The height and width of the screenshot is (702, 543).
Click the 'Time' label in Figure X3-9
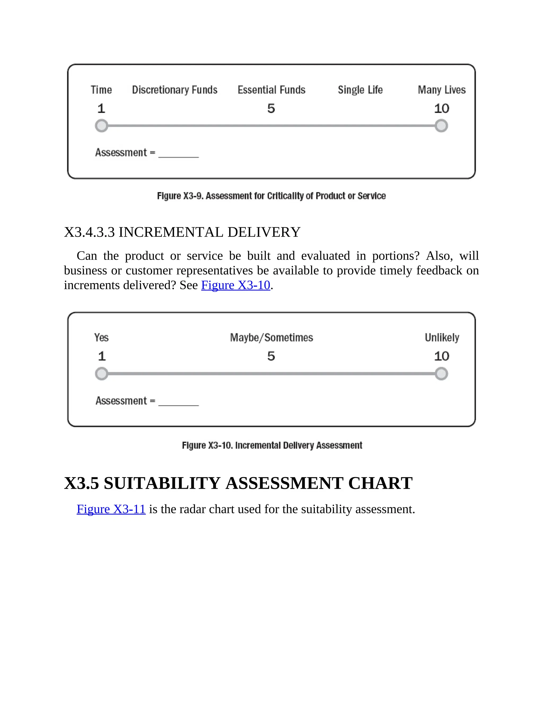click(101, 90)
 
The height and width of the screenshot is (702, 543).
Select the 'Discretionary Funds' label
click(175, 90)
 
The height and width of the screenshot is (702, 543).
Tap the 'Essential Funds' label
click(271, 90)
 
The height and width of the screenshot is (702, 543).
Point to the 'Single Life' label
click(360, 90)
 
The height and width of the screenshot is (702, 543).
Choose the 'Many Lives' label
click(442, 90)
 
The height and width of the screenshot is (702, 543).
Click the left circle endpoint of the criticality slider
click(102, 126)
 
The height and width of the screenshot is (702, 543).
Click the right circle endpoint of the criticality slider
click(441, 126)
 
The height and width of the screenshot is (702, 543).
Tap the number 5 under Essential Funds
click(271, 108)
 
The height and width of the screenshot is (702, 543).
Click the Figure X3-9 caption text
click(271, 196)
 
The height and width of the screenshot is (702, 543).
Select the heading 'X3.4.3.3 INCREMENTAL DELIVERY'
click(182, 232)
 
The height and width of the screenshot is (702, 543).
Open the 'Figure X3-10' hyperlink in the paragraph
click(235, 285)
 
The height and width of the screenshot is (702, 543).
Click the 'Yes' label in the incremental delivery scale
click(101, 337)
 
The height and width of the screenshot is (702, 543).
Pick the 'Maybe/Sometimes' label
click(271, 337)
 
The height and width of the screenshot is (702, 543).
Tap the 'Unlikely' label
click(442, 337)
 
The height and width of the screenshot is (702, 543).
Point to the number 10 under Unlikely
click(442, 356)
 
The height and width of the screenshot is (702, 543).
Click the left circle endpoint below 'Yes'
click(102, 374)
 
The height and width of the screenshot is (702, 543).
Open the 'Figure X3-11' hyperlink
click(111, 509)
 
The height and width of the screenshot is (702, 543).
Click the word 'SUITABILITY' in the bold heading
click(162, 483)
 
